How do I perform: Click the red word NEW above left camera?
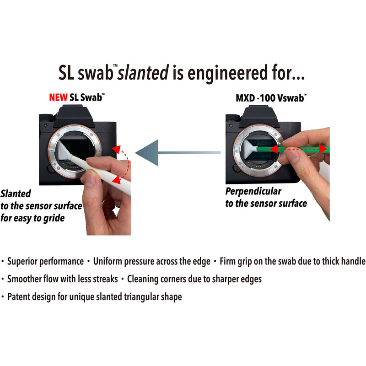click(58, 97)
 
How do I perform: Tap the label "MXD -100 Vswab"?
click(271, 98)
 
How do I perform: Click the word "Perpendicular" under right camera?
click(253, 191)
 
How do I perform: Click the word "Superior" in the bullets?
click(23, 262)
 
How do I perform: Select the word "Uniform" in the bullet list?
click(108, 262)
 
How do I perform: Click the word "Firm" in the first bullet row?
click(229, 262)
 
